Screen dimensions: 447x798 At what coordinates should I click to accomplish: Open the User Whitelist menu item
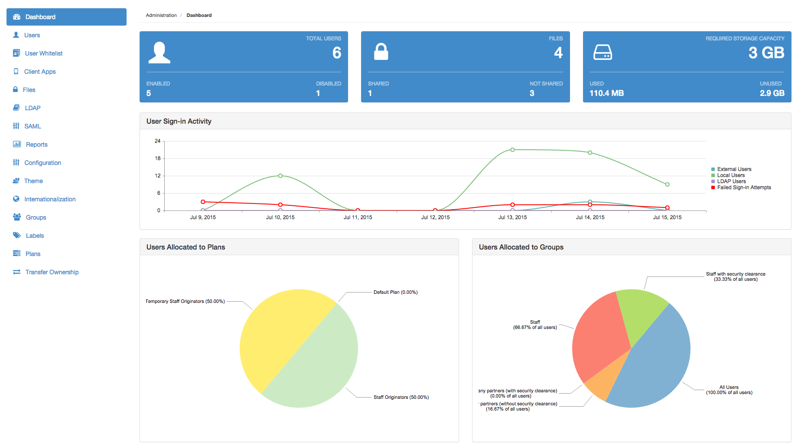tap(43, 53)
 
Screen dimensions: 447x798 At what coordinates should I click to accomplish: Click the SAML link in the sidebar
tap(33, 126)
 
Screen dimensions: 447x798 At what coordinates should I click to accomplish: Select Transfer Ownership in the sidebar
tap(52, 272)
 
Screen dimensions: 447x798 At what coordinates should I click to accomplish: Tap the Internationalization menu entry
tap(50, 199)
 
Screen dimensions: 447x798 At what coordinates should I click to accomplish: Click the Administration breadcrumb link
tap(161, 15)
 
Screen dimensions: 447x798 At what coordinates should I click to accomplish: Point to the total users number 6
tap(337, 53)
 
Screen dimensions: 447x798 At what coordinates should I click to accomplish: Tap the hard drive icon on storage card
tap(603, 53)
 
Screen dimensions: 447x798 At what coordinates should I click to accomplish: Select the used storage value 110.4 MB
tap(606, 93)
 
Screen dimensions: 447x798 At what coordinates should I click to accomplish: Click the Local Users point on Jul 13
tap(512, 150)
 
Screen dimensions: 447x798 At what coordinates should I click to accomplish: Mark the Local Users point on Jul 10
tap(280, 176)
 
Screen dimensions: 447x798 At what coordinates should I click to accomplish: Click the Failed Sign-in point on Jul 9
tap(203, 202)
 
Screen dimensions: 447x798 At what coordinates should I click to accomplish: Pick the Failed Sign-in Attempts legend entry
tap(744, 187)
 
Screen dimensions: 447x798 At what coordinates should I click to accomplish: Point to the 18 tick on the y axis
tap(158, 158)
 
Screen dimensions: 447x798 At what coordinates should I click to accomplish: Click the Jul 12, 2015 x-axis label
tap(435, 217)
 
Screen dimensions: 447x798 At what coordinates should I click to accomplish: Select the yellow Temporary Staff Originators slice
tap(277, 334)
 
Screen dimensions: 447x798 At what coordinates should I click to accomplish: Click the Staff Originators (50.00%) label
tap(401, 397)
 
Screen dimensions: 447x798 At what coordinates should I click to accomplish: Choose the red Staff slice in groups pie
tap(600, 339)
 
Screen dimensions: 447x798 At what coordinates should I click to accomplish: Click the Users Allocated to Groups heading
tap(521, 247)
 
